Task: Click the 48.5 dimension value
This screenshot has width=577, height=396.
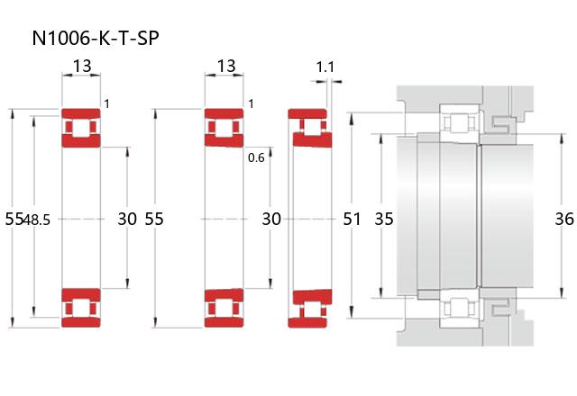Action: tap(37, 219)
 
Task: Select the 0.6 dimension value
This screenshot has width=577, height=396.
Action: tap(256, 158)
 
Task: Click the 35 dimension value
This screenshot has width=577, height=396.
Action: tap(384, 219)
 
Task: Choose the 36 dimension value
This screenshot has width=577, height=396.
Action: tap(563, 219)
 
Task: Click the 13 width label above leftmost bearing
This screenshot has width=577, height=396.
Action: tap(81, 66)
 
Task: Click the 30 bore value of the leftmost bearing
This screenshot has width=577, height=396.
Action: tap(127, 219)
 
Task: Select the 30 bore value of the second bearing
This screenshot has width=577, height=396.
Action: tap(271, 219)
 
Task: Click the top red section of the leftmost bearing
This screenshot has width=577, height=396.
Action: tap(81, 129)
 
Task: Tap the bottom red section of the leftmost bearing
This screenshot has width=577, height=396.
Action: tap(81, 308)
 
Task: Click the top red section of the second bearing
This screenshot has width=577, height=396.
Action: tap(224, 128)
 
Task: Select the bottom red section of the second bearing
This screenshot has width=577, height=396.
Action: tap(224, 308)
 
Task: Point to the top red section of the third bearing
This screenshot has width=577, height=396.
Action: tap(308, 129)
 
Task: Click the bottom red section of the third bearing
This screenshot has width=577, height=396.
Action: tap(308, 307)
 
